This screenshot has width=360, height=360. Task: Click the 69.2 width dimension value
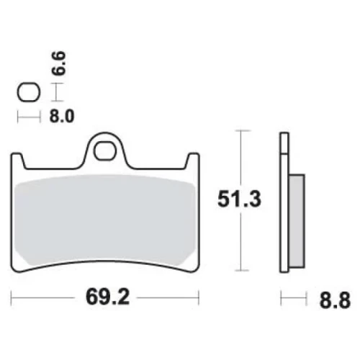(108, 297)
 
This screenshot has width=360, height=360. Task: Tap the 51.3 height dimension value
(239, 199)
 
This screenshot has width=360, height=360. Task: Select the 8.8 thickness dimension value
(335, 300)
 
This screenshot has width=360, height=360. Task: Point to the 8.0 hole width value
(62, 117)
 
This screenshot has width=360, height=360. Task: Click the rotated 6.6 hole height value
(58, 63)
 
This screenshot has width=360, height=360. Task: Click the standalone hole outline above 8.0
(29, 92)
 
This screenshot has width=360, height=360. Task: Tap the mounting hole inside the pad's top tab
(104, 151)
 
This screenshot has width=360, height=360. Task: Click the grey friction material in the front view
(104, 220)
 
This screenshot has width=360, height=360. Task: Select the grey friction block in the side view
(297, 221)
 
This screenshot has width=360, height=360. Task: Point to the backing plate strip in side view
(284, 202)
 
